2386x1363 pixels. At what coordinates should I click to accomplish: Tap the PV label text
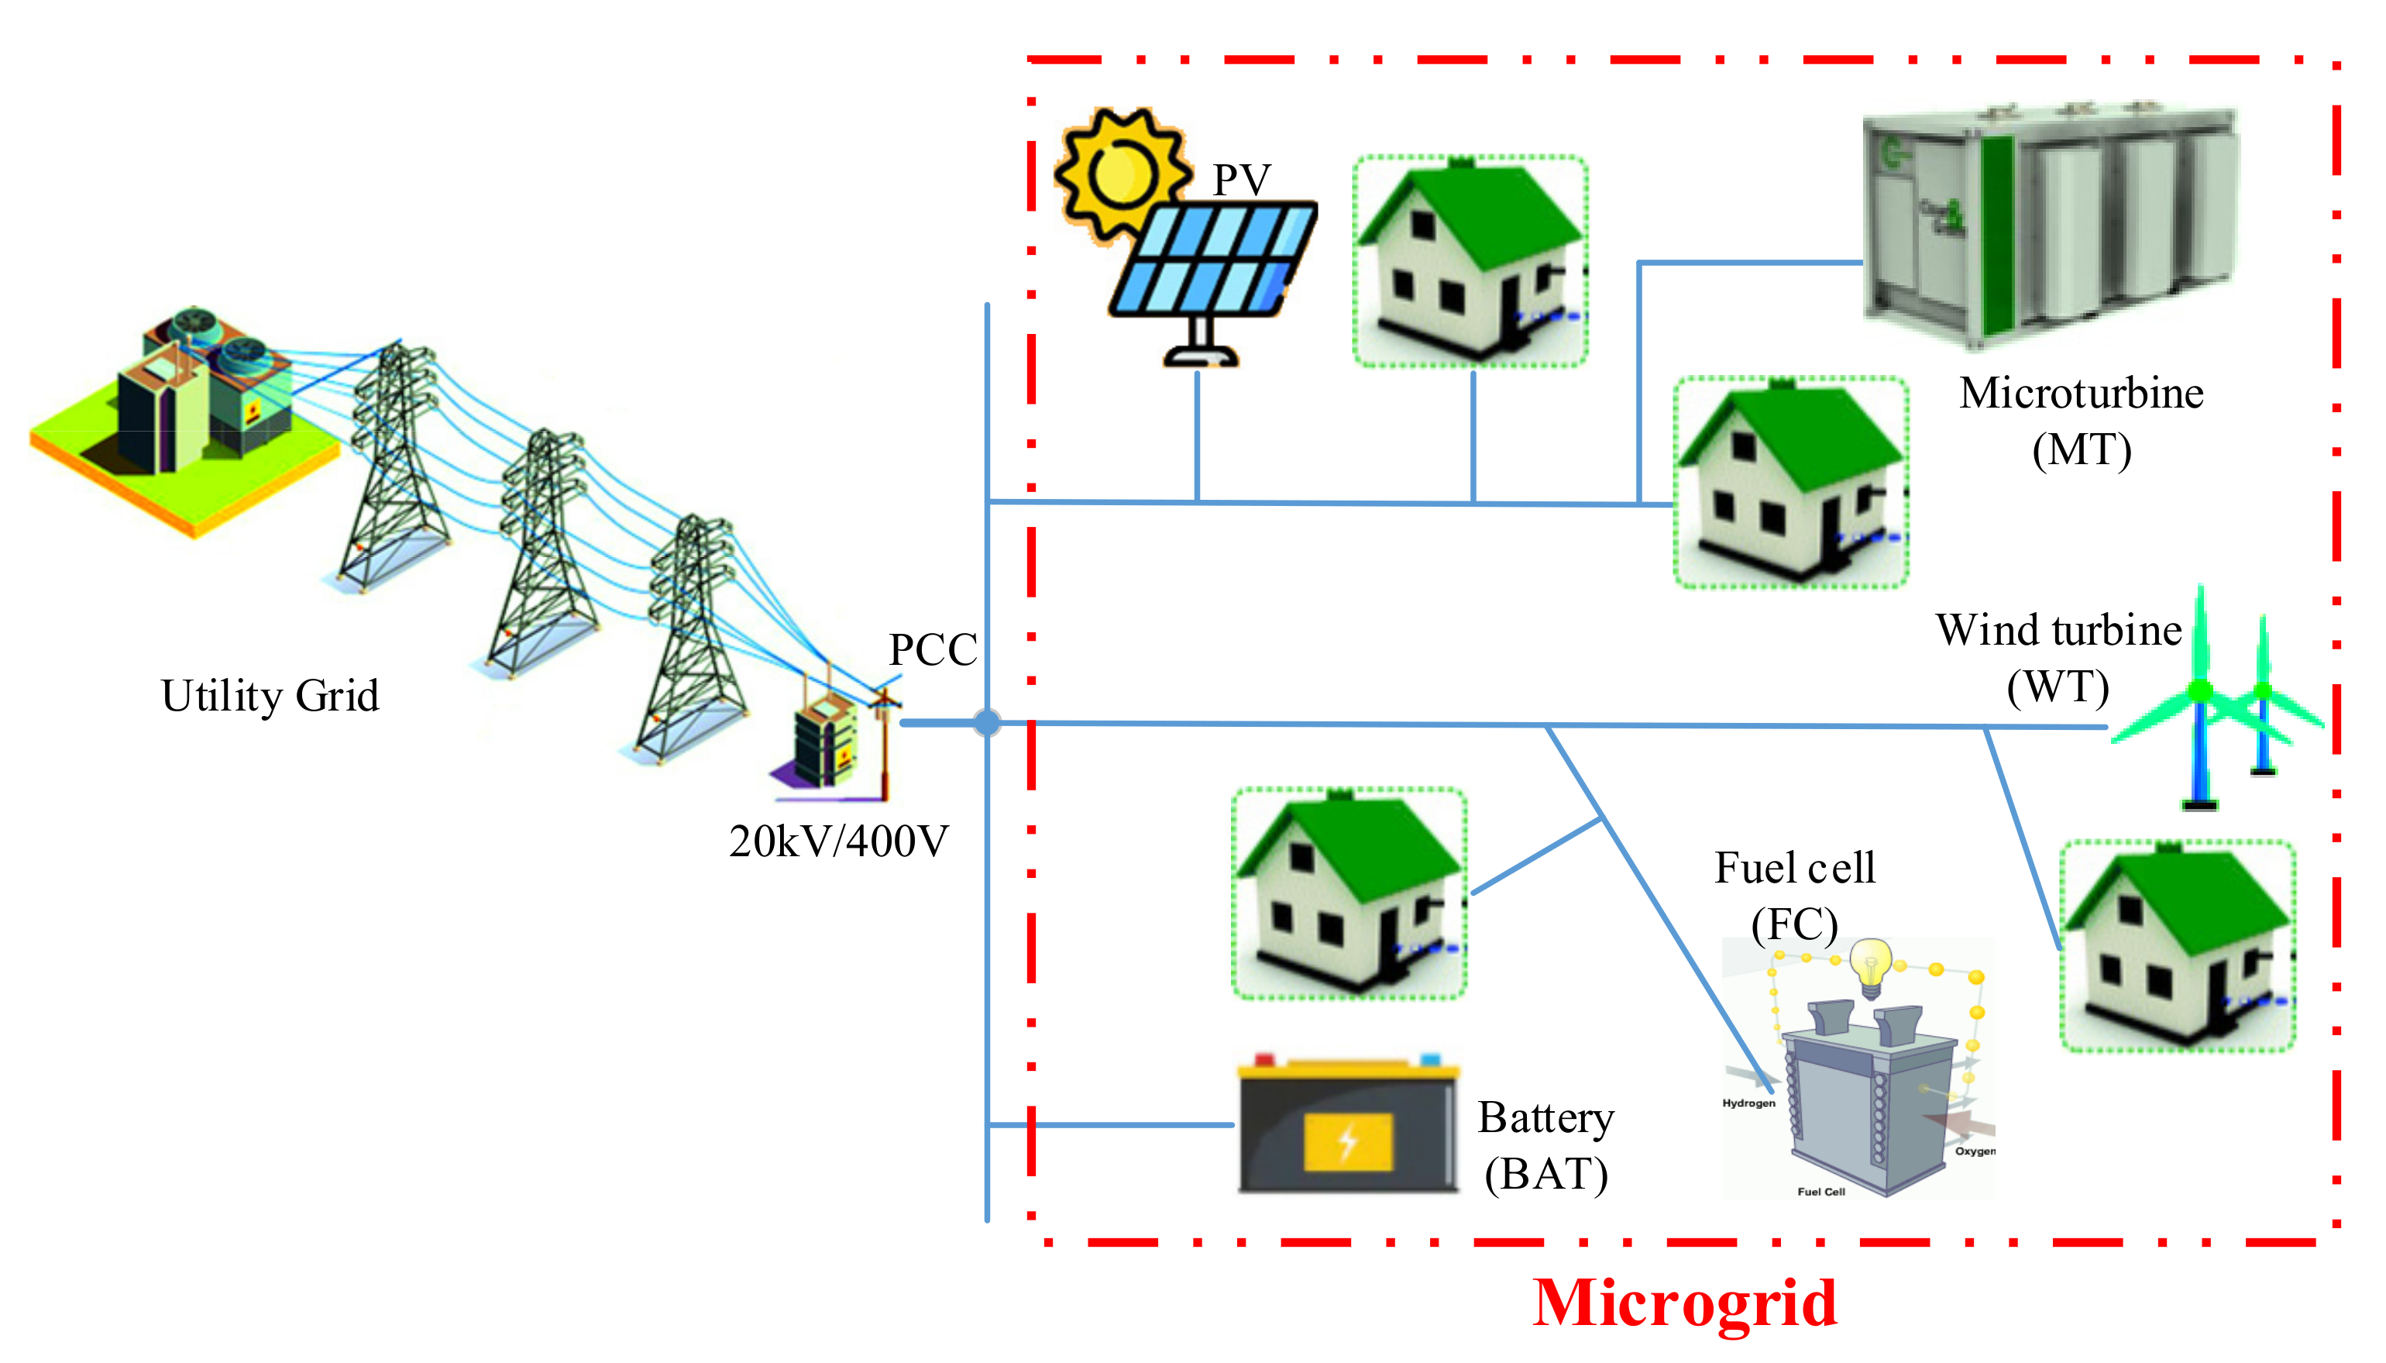[1241, 180]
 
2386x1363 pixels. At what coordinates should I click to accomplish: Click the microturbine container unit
[2049, 225]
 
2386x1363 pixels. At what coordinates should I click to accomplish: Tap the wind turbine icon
[2218, 702]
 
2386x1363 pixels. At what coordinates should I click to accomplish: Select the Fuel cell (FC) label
[1793, 895]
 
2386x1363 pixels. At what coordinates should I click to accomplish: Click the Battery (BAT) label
[1545, 1145]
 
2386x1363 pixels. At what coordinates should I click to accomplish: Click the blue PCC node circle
[986, 721]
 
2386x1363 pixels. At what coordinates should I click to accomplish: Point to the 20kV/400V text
[838, 841]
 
